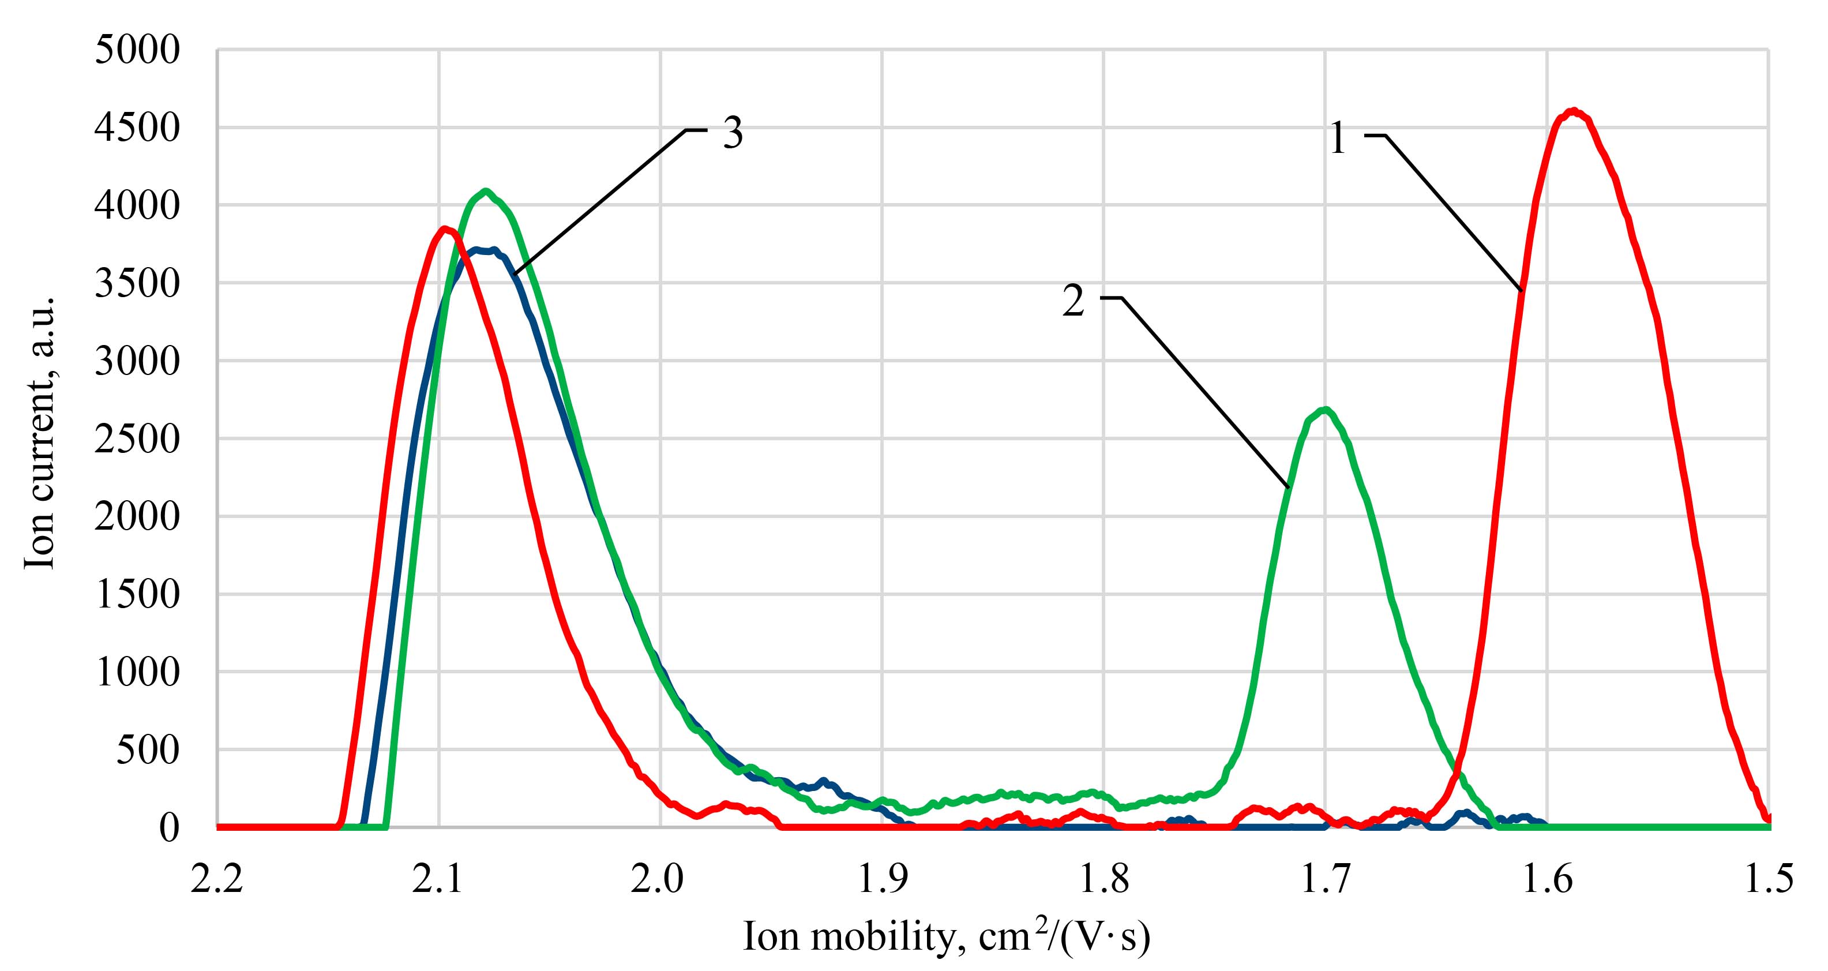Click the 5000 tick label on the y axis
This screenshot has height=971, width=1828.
(x=137, y=51)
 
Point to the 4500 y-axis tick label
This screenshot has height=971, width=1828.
(x=137, y=129)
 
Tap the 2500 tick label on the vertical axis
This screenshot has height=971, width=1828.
(x=137, y=440)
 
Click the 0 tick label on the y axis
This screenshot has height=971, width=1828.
(x=169, y=827)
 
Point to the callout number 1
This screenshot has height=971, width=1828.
(x=1337, y=138)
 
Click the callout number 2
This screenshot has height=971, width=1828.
(x=1073, y=301)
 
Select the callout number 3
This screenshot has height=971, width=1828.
(x=733, y=133)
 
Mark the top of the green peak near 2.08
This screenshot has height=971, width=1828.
(x=485, y=191)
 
